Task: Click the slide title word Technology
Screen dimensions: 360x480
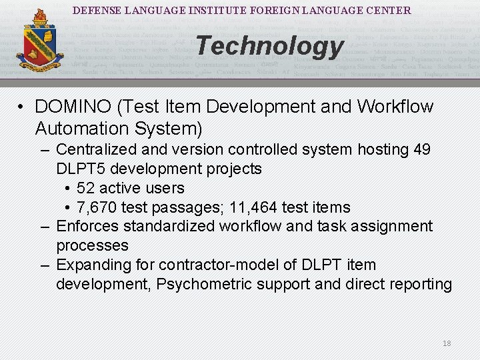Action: click(x=269, y=46)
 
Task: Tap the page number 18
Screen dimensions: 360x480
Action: click(x=447, y=343)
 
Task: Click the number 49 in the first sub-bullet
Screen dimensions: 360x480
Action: click(x=422, y=149)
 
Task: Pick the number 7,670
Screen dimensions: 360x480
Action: click(x=98, y=207)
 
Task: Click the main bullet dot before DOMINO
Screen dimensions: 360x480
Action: click(x=22, y=107)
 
